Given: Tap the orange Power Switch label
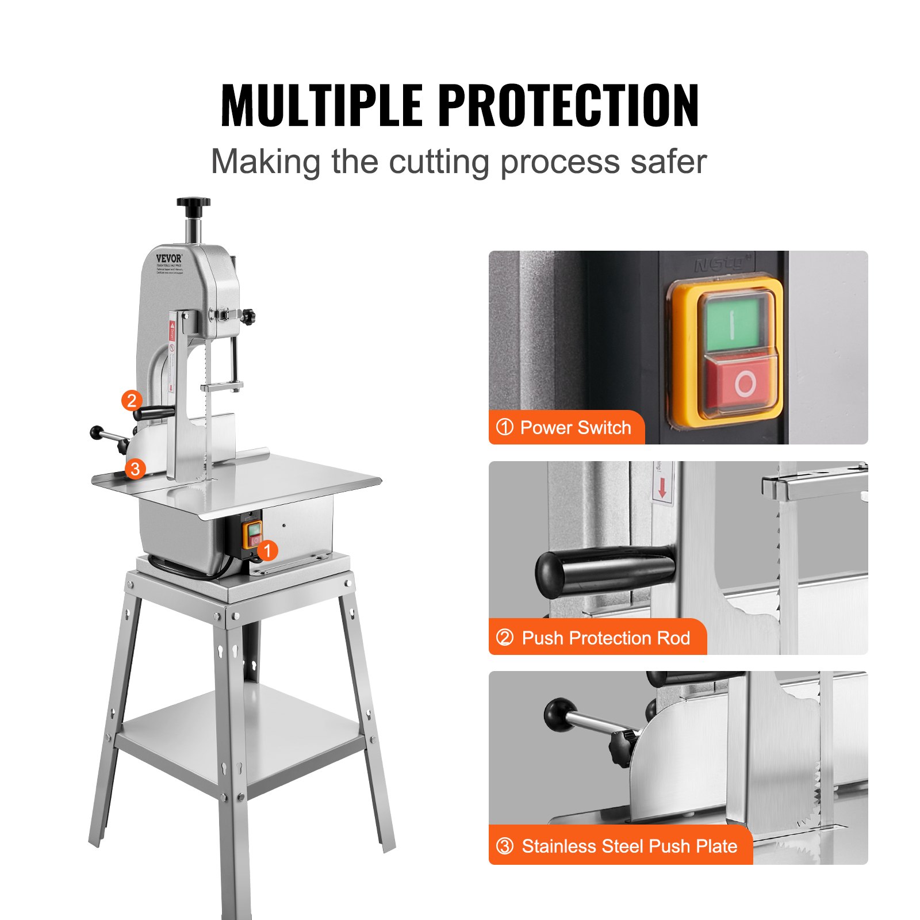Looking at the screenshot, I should click(566, 427).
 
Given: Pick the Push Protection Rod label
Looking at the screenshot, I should click(598, 638).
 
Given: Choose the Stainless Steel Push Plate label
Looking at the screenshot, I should click(621, 846).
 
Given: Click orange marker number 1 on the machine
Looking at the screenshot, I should click(267, 550).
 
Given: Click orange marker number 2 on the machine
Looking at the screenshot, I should click(132, 400).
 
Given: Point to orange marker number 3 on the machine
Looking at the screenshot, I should click(135, 469).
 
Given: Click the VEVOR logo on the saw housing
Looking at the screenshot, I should click(168, 258).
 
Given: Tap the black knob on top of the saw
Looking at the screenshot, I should click(193, 202).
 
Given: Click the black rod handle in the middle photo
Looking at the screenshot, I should click(604, 571).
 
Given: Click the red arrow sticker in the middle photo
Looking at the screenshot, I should click(662, 488).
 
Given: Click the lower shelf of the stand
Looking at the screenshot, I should click(241, 736).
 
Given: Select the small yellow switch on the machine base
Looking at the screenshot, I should click(253, 534).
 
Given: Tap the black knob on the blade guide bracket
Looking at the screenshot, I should click(248, 316).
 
